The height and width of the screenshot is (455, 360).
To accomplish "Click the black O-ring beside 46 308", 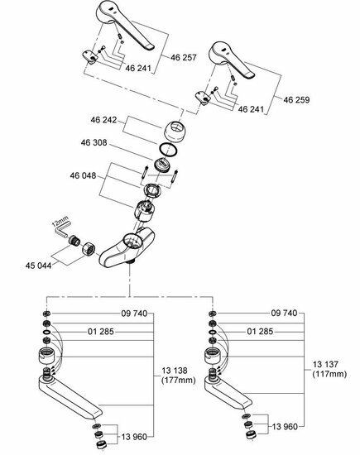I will (x=167, y=150).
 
